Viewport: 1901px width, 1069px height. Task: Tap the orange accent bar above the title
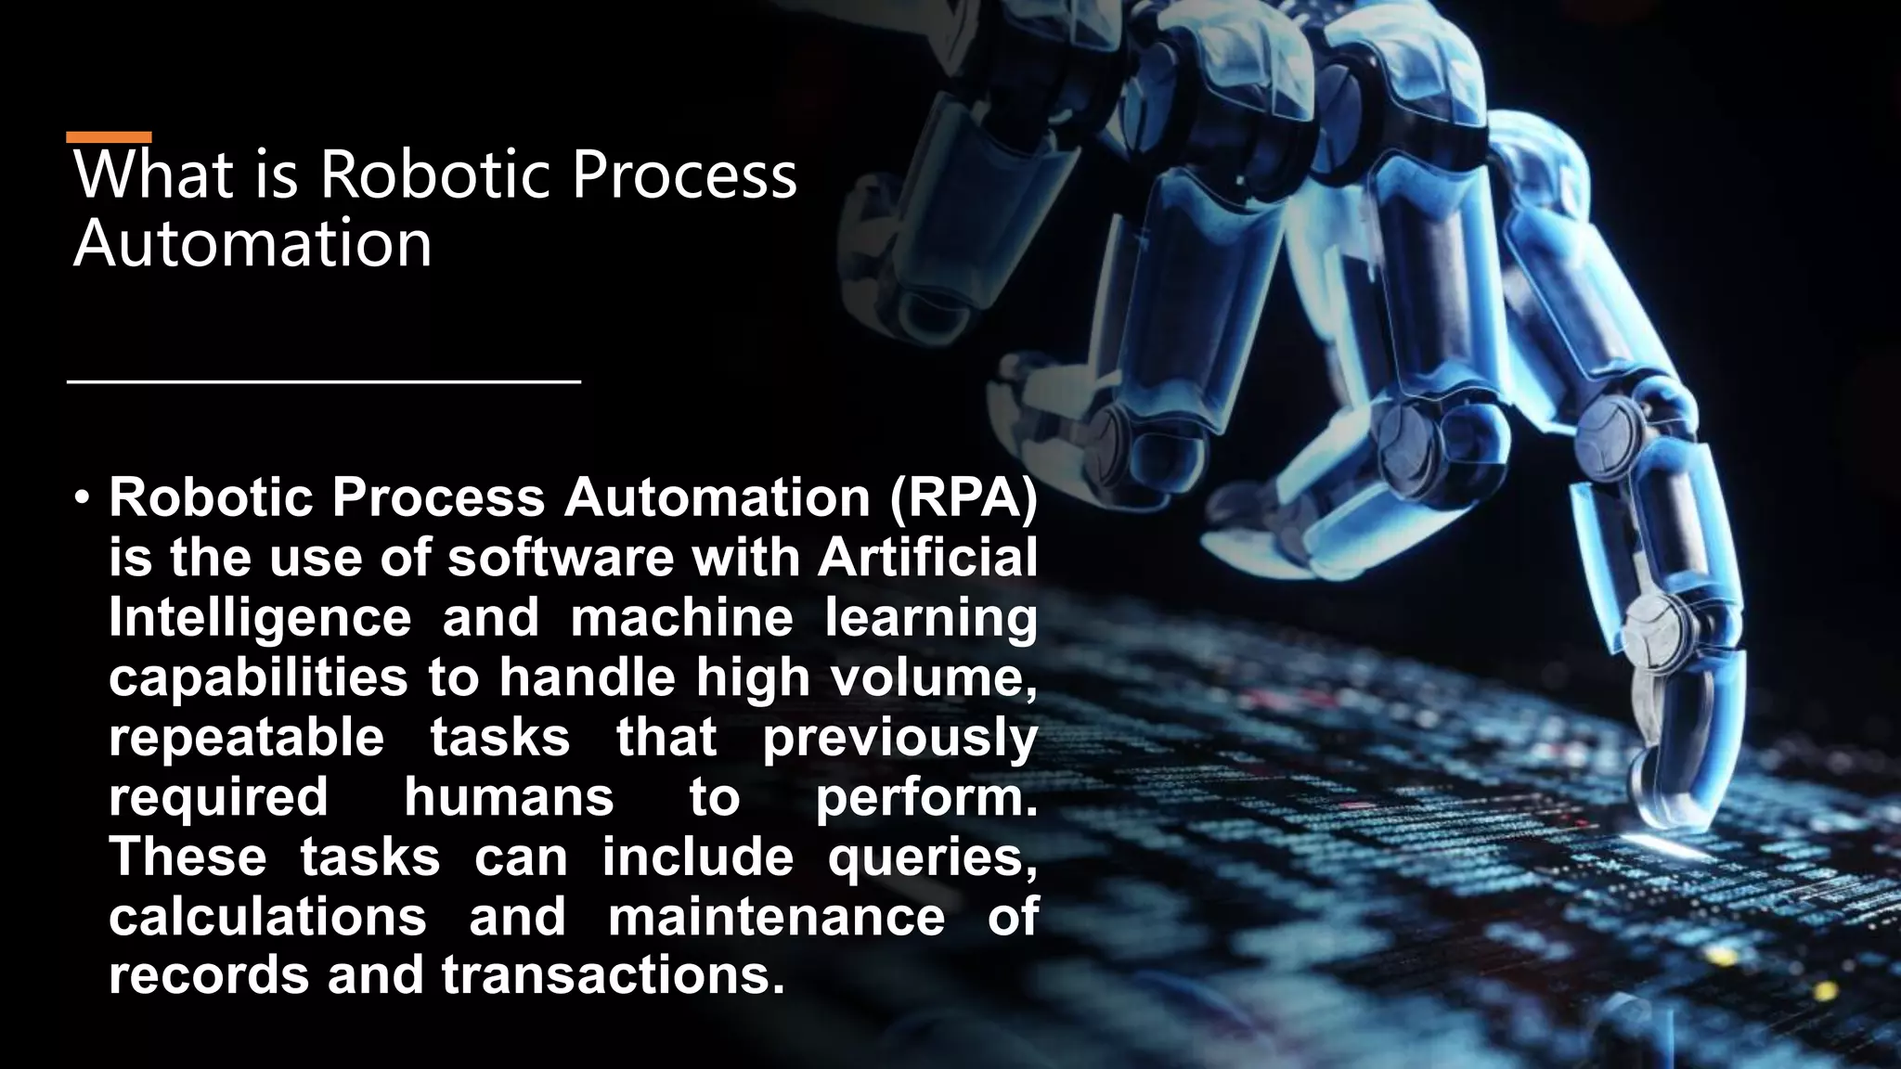109,137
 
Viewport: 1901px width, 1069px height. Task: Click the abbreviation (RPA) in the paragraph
963,498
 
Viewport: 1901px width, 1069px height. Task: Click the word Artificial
927,559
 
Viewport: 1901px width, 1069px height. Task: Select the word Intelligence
260,619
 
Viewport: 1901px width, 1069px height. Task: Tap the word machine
682,619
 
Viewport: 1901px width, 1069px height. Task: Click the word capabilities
258,678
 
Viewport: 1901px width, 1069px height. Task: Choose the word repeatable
246,738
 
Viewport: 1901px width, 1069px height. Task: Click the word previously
899,738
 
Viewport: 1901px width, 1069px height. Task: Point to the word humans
509,797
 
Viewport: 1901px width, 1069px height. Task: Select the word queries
932,856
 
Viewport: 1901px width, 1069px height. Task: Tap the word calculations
267,916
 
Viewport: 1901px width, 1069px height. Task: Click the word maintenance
776,916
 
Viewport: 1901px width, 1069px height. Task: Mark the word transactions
607,975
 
